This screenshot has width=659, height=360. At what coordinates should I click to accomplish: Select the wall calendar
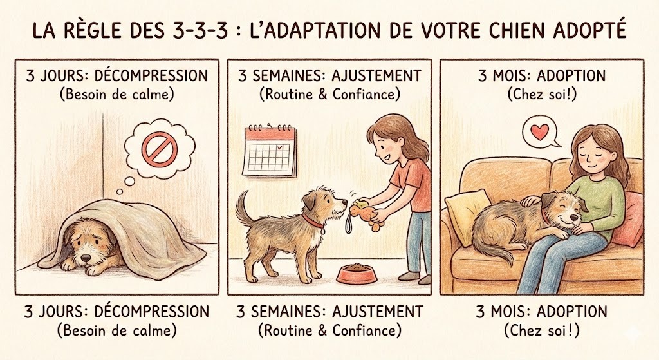(269, 151)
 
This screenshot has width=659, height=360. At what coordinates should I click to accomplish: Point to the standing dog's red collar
(313, 222)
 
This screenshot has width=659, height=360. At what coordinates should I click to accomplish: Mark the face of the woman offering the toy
(385, 145)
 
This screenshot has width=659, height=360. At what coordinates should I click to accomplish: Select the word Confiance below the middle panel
(367, 331)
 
